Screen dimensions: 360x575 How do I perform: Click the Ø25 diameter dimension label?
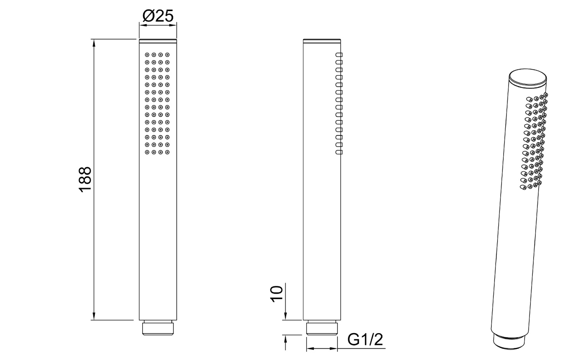point(158,16)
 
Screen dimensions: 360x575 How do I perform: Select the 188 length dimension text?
point(85,179)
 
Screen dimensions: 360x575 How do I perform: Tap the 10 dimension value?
point(276,294)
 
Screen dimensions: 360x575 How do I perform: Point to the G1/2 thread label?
point(365,340)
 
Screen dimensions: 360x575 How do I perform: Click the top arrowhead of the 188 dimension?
point(93,42)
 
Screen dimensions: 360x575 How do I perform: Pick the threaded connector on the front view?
point(158,328)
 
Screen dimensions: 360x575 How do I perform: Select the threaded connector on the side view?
point(322,328)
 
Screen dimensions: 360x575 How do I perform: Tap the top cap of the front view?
point(158,40)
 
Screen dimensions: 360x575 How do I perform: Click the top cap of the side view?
point(322,40)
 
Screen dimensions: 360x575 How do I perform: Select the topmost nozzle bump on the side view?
point(338,55)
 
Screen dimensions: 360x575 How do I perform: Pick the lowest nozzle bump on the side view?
point(338,152)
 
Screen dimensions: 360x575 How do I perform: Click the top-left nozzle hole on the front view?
point(147,55)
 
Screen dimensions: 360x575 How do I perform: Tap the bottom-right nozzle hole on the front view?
point(168,152)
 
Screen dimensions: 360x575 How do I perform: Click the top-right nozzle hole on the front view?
point(168,55)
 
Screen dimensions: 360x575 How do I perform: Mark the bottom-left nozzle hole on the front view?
point(147,152)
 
